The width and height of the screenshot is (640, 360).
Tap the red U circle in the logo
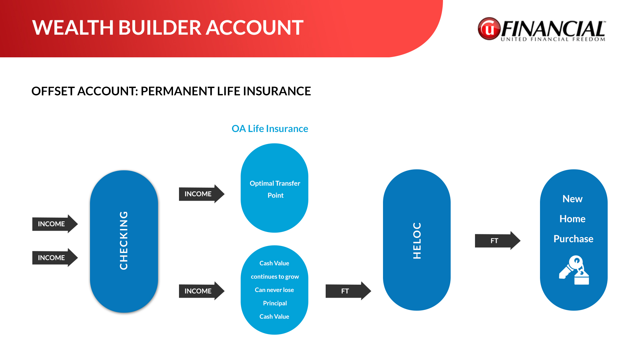pyautogui.click(x=489, y=29)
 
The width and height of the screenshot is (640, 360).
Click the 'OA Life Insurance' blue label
pyautogui.click(x=270, y=129)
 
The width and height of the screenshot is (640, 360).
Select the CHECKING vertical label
pyautogui.click(x=124, y=240)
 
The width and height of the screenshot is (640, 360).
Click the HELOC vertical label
pyautogui.click(x=417, y=240)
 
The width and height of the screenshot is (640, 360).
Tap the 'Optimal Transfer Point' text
pyautogui.click(x=275, y=189)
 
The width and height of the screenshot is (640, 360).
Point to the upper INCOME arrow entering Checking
pyautogui.click(x=55, y=224)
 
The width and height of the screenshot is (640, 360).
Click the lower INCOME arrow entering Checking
pyautogui.click(x=55, y=258)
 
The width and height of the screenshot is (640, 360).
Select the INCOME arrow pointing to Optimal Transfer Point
pyautogui.click(x=202, y=194)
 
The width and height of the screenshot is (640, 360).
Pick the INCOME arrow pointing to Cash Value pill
pyautogui.click(x=202, y=291)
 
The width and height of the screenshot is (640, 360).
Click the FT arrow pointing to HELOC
pyautogui.click(x=348, y=291)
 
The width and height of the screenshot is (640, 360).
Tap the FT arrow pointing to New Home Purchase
pyautogui.click(x=498, y=240)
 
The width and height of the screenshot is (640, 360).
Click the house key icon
pyautogui.click(x=574, y=270)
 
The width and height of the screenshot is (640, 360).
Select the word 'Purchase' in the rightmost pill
pyautogui.click(x=573, y=239)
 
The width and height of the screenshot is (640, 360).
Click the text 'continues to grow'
pyautogui.click(x=275, y=277)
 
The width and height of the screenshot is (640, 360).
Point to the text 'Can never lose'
pyautogui.click(x=274, y=290)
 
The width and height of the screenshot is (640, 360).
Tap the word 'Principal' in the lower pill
pyautogui.click(x=275, y=303)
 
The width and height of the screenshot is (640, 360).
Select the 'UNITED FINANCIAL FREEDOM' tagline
pyautogui.click(x=553, y=39)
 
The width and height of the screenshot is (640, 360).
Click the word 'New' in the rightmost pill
pyautogui.click(x=572, y=199)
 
